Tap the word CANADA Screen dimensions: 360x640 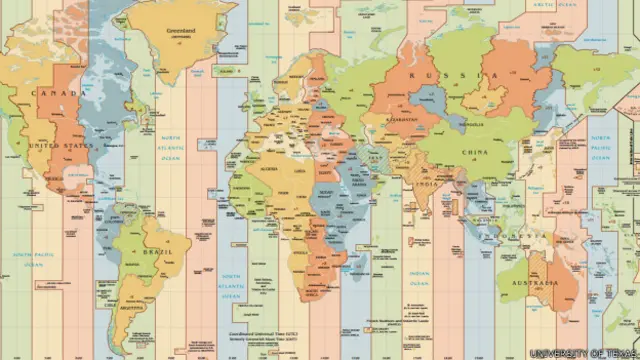click(x=49, y=93)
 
